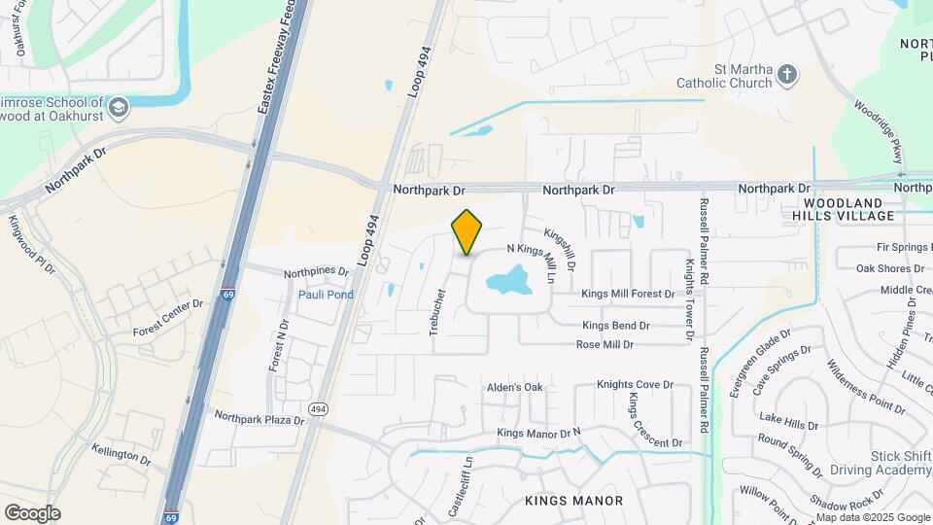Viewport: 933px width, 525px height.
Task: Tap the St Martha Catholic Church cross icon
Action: pos(787,74)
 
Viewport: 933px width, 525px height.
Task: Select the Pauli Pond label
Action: pos(326,295)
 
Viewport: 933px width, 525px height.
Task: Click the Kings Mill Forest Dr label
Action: pos(627,294)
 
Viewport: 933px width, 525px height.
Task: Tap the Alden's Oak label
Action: pos(515,387)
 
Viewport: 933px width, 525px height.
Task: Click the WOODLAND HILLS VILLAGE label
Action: pos(843,207)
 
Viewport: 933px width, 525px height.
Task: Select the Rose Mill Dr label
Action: pos(605,344)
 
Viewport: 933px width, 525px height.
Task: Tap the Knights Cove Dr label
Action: pos(635,385)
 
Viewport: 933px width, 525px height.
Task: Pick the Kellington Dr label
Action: pos(121,453)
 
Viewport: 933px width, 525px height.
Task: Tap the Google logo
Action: pos(32,513)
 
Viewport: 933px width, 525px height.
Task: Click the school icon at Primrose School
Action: pos(119,105)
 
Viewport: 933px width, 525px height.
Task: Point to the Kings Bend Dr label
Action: pos(616,326)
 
